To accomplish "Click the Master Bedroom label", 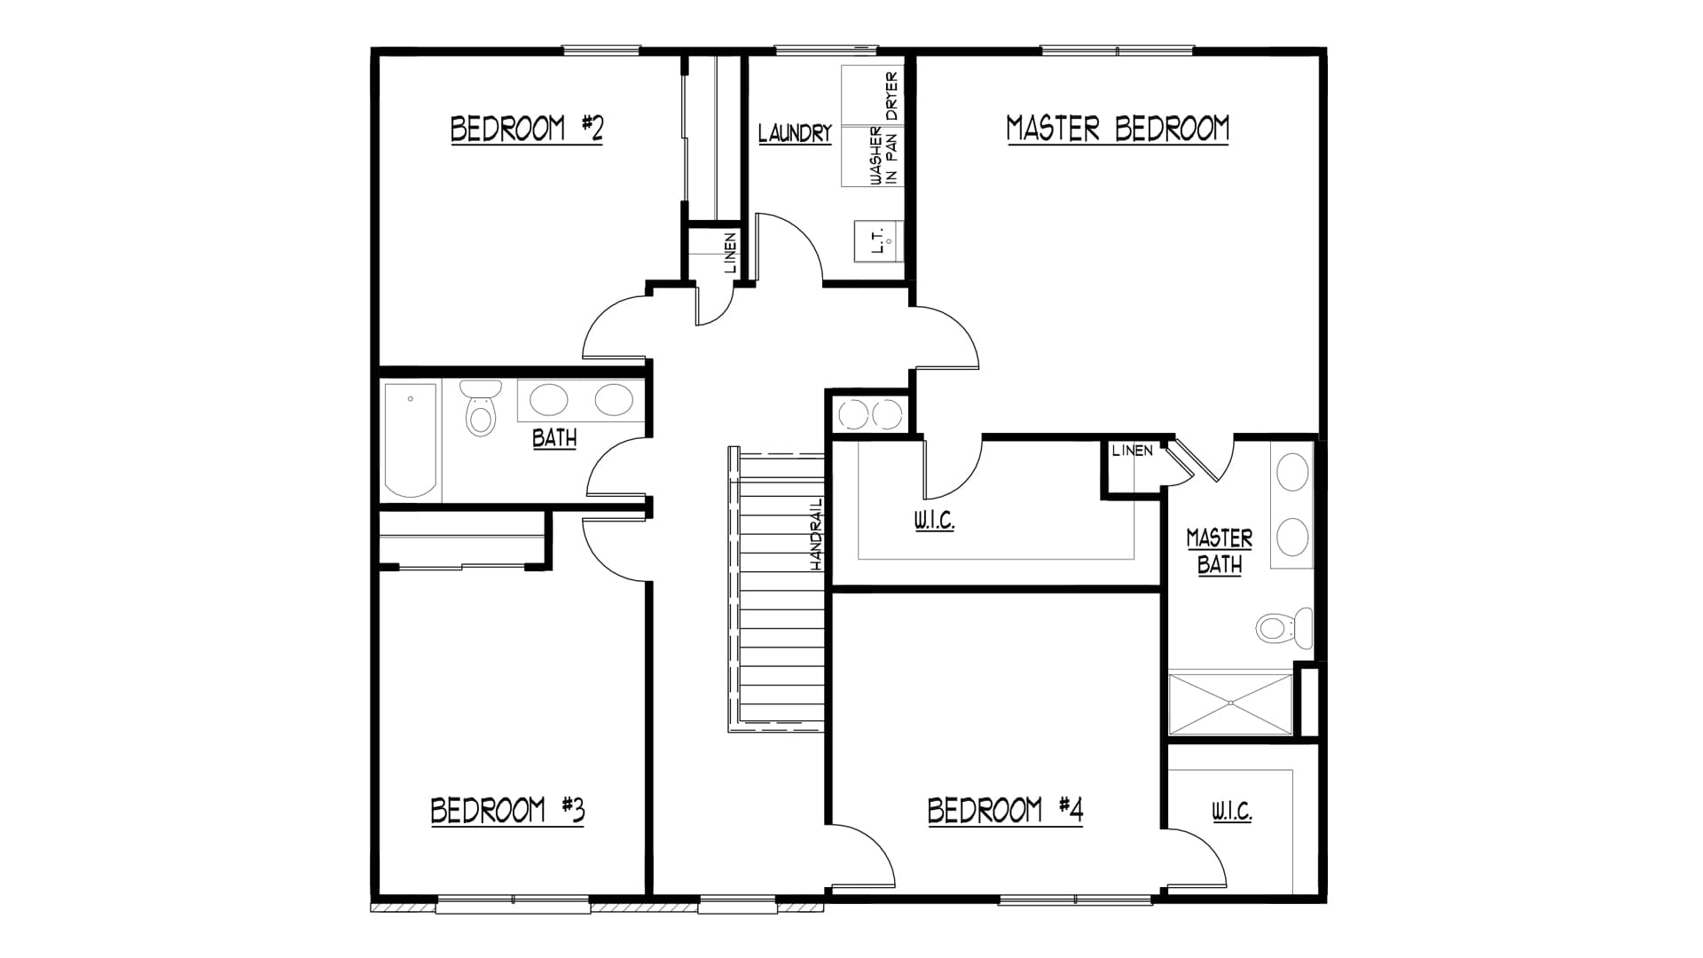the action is point(1118,130).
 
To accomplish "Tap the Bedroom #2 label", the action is point(527,130).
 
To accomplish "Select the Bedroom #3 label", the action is point(507,811).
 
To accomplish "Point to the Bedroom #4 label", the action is point(1005,811).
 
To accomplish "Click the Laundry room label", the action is point(795,134).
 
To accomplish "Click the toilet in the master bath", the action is point(1284,627).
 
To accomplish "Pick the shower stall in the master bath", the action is point(1231,704).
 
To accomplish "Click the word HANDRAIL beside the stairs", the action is point(817,532).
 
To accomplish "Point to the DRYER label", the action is point(891,96).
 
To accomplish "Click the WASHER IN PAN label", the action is point(883,156).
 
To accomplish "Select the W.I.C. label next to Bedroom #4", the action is point(1231,812).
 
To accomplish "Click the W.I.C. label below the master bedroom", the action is point(934,521).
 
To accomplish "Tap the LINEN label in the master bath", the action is point(1133,451).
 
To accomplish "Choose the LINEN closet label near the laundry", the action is point(730,253).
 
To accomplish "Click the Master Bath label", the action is point(1220,552).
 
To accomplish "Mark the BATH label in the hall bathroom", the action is point(554,438).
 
